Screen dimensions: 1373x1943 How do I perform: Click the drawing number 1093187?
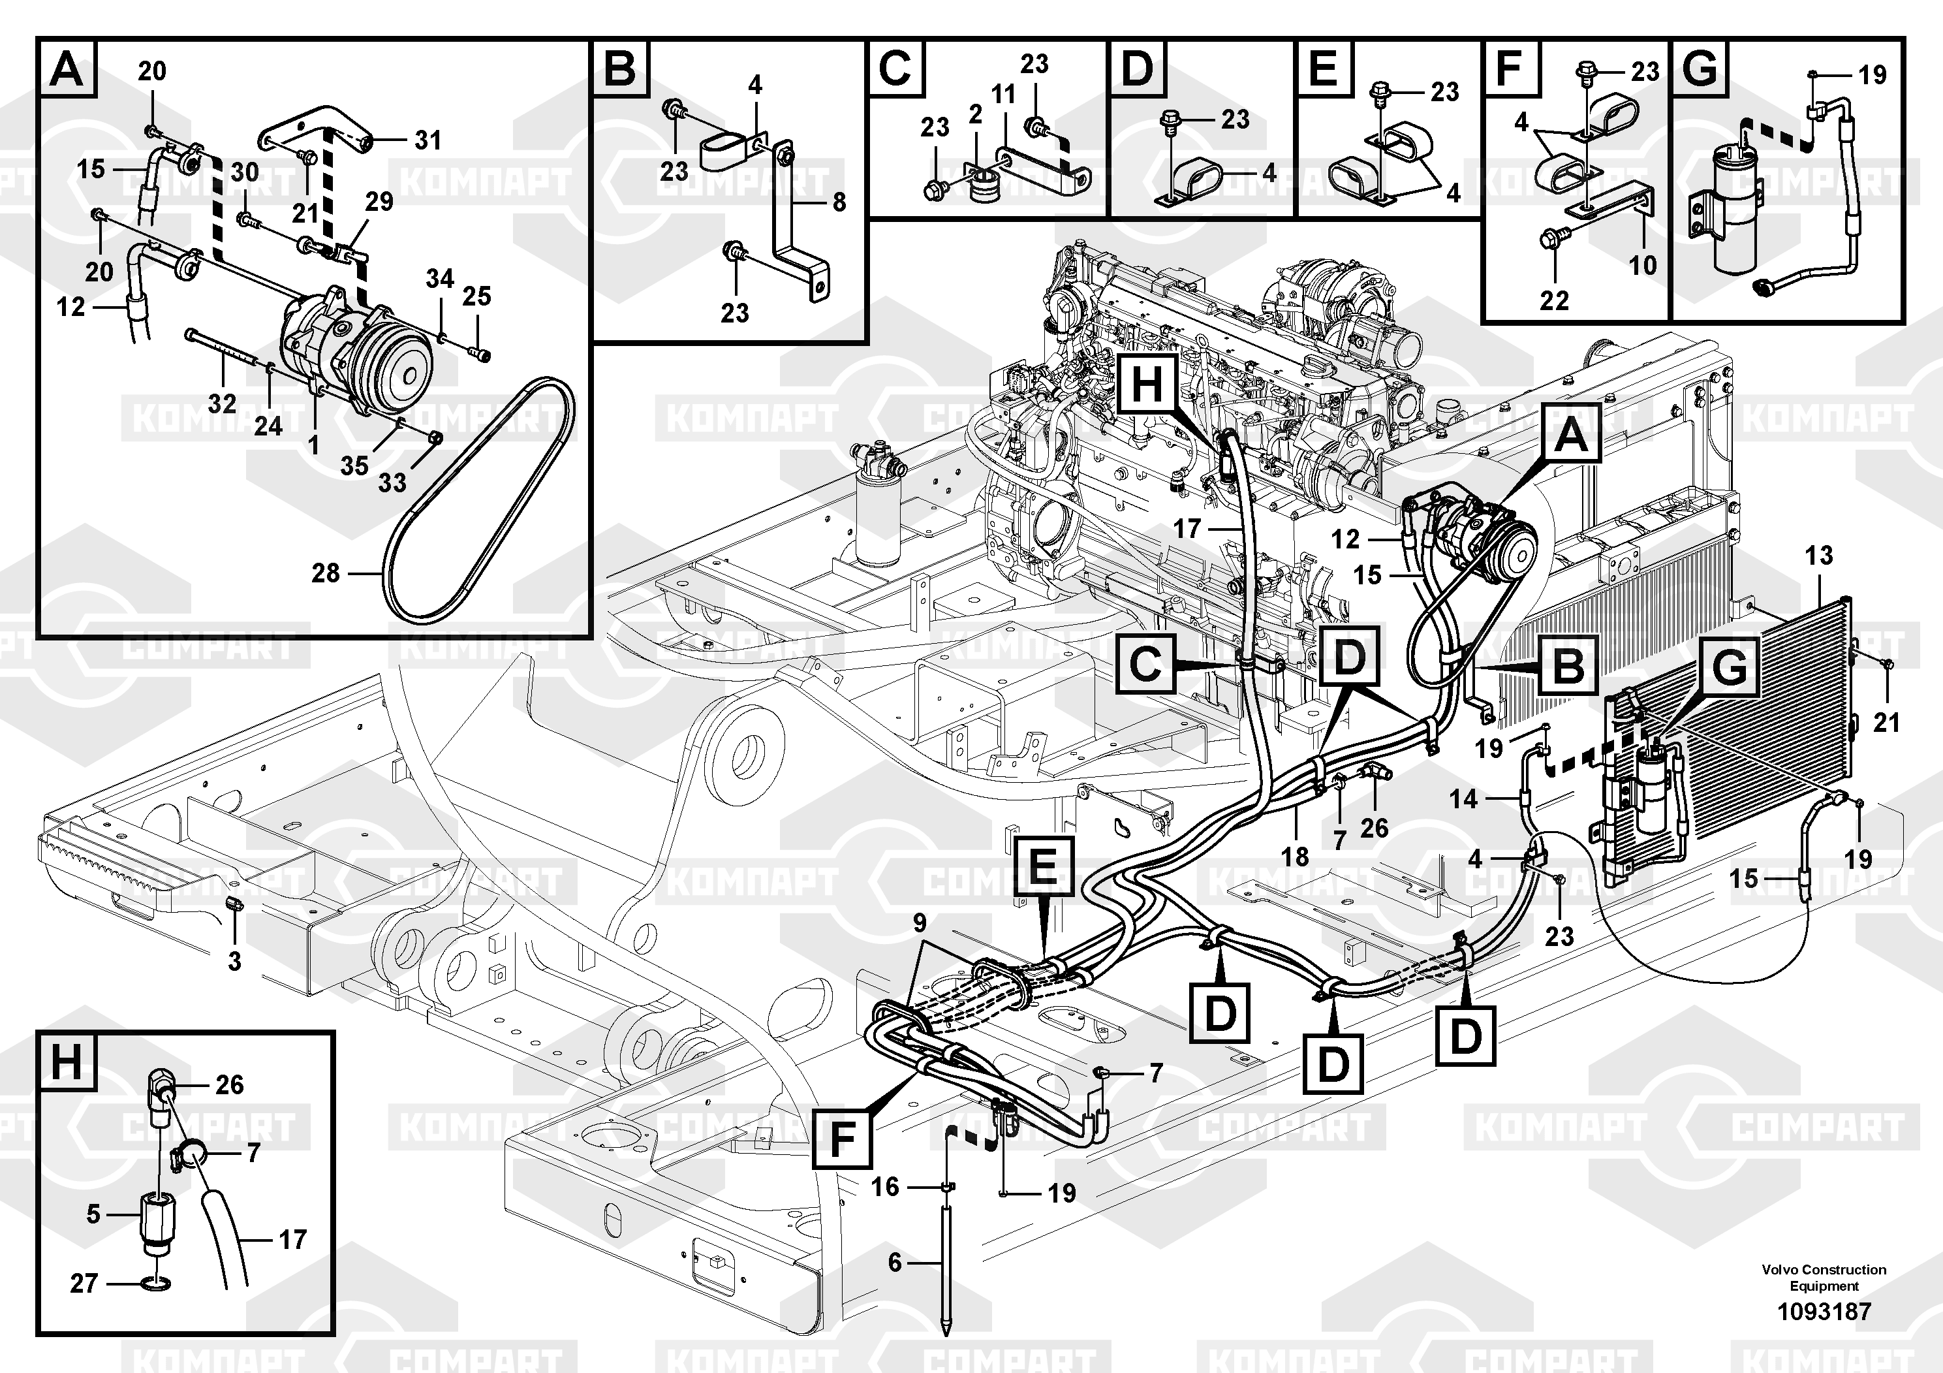pyautogui.click(x=1824, y=1312)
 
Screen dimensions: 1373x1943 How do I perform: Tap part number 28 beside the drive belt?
pyautogui.click(x=326, y=574)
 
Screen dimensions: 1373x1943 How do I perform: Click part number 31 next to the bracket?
pyautogui.click(x=428, y=140)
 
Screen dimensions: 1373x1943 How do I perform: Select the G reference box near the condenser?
pyautogui.click(x=1729, y=668)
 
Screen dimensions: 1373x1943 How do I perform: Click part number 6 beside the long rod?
pyautogui.click(x=895, y=1263)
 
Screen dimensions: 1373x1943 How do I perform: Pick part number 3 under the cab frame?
pyautogui.click(x=234, y=961)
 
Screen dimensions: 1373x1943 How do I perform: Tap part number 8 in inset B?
pyautogui.click(x=839, y=202)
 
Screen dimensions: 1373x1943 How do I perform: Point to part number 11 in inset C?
pyautogui.click(x=1004, y=94)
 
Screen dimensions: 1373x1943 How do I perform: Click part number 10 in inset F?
pyautogui.click(x=1643, y=265)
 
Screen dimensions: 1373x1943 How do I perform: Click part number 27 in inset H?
pyautogui.click(x=84, y=1284)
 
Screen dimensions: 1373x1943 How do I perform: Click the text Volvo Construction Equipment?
pyautogui.click(x=1824, y=1277)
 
